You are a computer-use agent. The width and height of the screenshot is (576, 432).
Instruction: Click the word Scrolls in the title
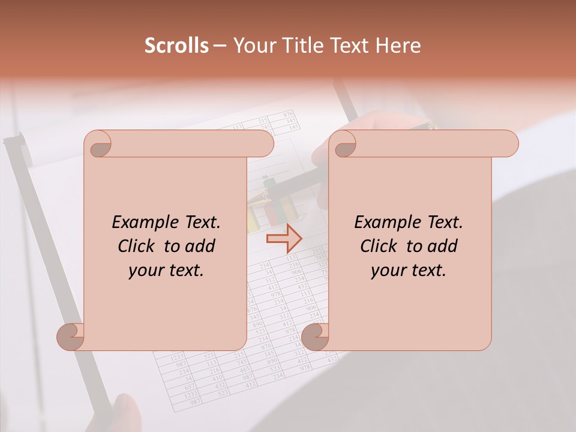tap(176, 46)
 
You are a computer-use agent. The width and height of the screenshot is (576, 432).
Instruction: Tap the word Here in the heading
tap(398, 46)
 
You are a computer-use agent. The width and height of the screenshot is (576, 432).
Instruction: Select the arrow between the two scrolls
tap(284, 239)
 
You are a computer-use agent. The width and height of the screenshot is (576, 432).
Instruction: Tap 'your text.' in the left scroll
tap(166, 270)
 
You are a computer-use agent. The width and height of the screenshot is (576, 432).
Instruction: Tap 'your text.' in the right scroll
tap(409, 270)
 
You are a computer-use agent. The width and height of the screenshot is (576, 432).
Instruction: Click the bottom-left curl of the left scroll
tap(70, 337)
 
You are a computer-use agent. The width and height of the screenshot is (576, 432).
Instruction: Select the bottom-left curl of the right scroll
tap(315, 337)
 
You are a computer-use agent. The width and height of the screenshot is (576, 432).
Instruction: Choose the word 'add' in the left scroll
tap(200, 246)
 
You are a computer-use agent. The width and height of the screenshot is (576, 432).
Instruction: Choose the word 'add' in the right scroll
tap(443, 246)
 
